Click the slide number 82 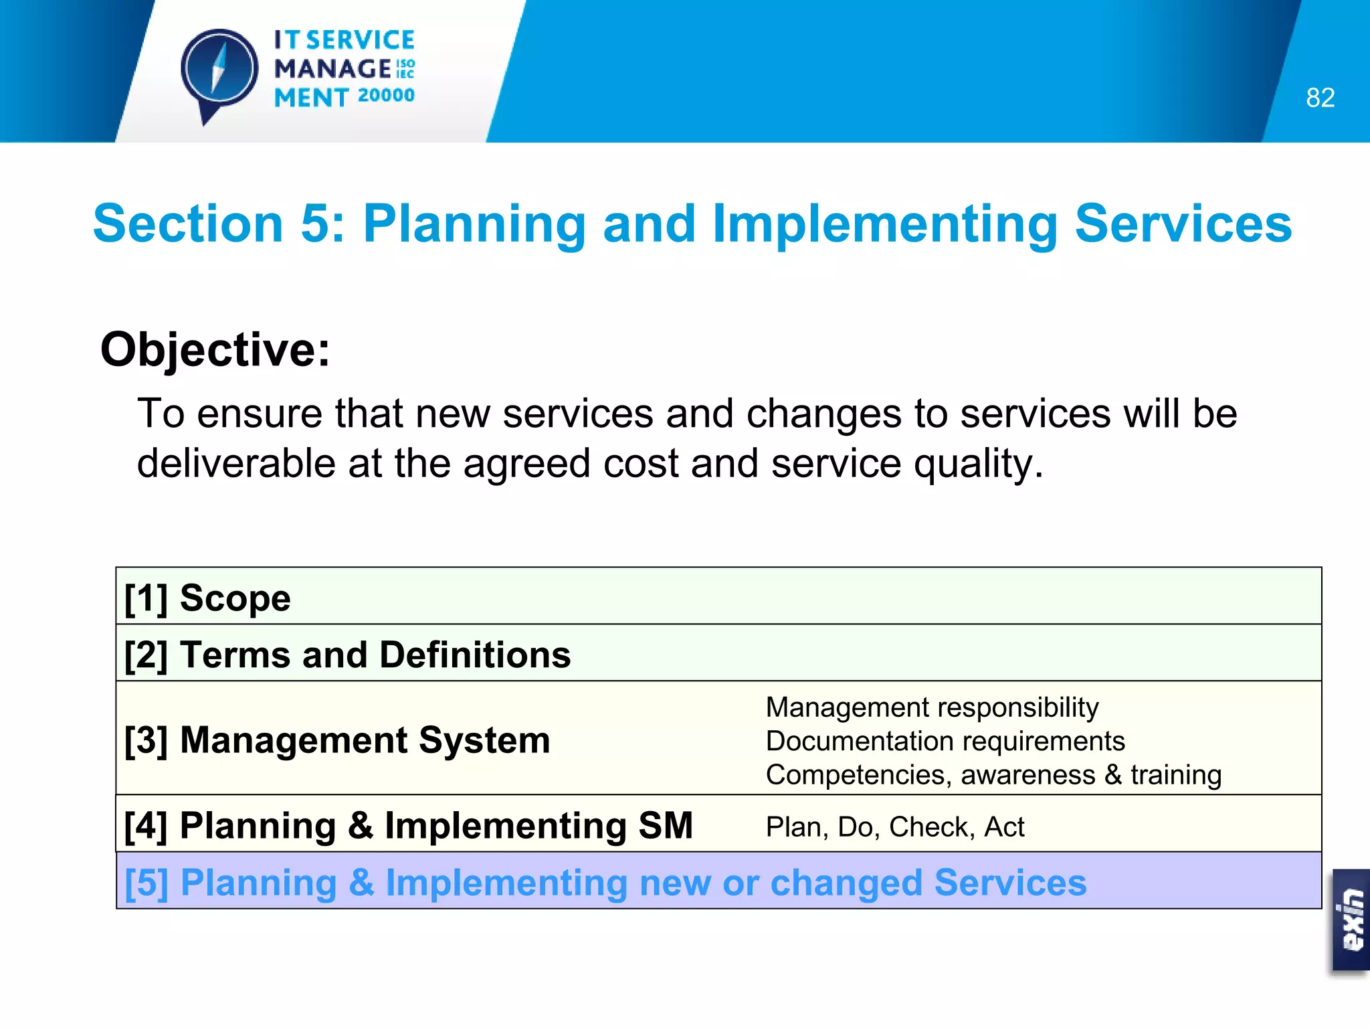1320,98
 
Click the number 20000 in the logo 386,96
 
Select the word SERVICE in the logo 361,40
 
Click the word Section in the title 188,224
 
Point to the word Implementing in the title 885,224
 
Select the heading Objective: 215,349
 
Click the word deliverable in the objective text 236,463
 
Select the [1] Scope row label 207,598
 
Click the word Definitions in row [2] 475,655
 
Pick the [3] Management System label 337,740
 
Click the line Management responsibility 932,707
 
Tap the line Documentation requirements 945,742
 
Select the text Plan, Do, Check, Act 894,827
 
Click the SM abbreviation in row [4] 665,825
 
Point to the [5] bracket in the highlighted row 146,883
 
